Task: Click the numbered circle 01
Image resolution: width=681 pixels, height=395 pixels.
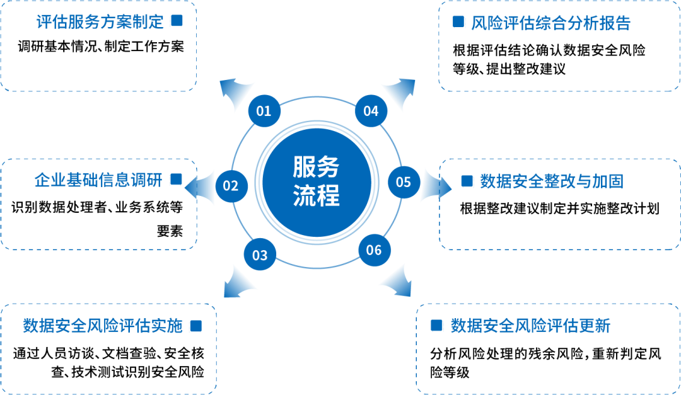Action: [264, 112]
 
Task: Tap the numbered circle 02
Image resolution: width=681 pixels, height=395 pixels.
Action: [231, 186]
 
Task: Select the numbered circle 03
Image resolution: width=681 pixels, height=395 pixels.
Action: [260, 255]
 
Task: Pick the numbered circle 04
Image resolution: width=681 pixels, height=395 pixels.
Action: [371, 112]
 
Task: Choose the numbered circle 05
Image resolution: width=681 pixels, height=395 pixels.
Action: [404, 182]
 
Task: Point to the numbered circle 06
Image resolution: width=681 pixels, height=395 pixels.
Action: [374, 250]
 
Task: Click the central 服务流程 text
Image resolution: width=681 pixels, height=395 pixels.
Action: [317, 181]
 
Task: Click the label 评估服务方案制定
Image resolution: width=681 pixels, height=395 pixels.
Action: [100, 22]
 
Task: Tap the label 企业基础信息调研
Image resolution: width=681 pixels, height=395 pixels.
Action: [98, 180]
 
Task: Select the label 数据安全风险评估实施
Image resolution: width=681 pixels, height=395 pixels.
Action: [103, 326]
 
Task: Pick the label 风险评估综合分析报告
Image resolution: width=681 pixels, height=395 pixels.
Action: [550, 23]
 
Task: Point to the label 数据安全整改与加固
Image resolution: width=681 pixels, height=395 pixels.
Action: [551, 181]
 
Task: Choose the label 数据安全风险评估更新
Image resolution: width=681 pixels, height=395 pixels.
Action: [530, 326]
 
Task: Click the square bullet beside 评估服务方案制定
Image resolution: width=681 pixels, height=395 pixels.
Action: [177, 21]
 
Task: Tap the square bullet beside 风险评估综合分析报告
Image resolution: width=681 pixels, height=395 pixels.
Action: [459, 23]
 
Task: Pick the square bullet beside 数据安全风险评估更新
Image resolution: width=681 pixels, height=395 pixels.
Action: [436, 325]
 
